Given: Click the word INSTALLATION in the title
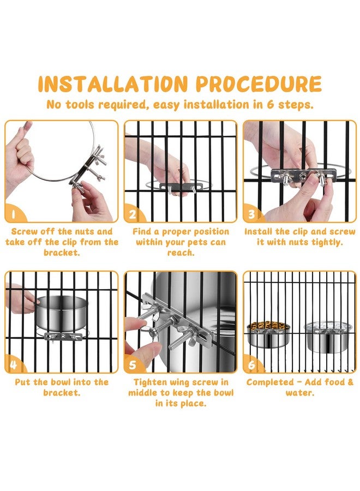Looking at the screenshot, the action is point(113,83).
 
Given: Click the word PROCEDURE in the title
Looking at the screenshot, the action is point(259,83).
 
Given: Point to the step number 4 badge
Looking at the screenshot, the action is point(13,364).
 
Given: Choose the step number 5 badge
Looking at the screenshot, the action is point(133,364).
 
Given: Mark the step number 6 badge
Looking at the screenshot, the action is point(251,364).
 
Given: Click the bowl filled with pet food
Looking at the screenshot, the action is point(268,334).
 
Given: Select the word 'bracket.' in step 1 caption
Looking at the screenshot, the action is point(62,253).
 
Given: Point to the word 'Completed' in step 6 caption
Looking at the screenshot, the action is point(269,382).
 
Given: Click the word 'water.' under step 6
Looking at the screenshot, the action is point(299,393).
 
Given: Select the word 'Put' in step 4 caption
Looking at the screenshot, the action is point(22,382).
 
